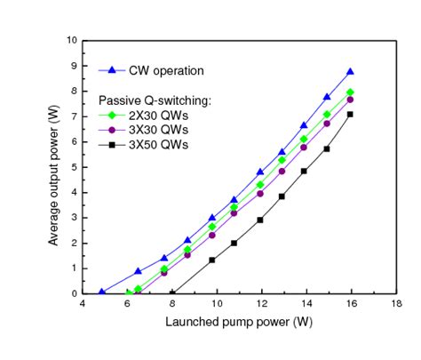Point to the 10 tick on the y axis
70,41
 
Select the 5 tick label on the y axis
73,167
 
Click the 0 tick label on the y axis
73,293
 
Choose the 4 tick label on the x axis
83,303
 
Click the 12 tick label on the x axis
261,303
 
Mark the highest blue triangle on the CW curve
351,72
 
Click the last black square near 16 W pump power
351,114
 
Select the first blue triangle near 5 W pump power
102,292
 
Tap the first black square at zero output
172,292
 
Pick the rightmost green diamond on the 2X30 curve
351,92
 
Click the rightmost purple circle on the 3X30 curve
351,100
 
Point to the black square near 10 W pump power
212,260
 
